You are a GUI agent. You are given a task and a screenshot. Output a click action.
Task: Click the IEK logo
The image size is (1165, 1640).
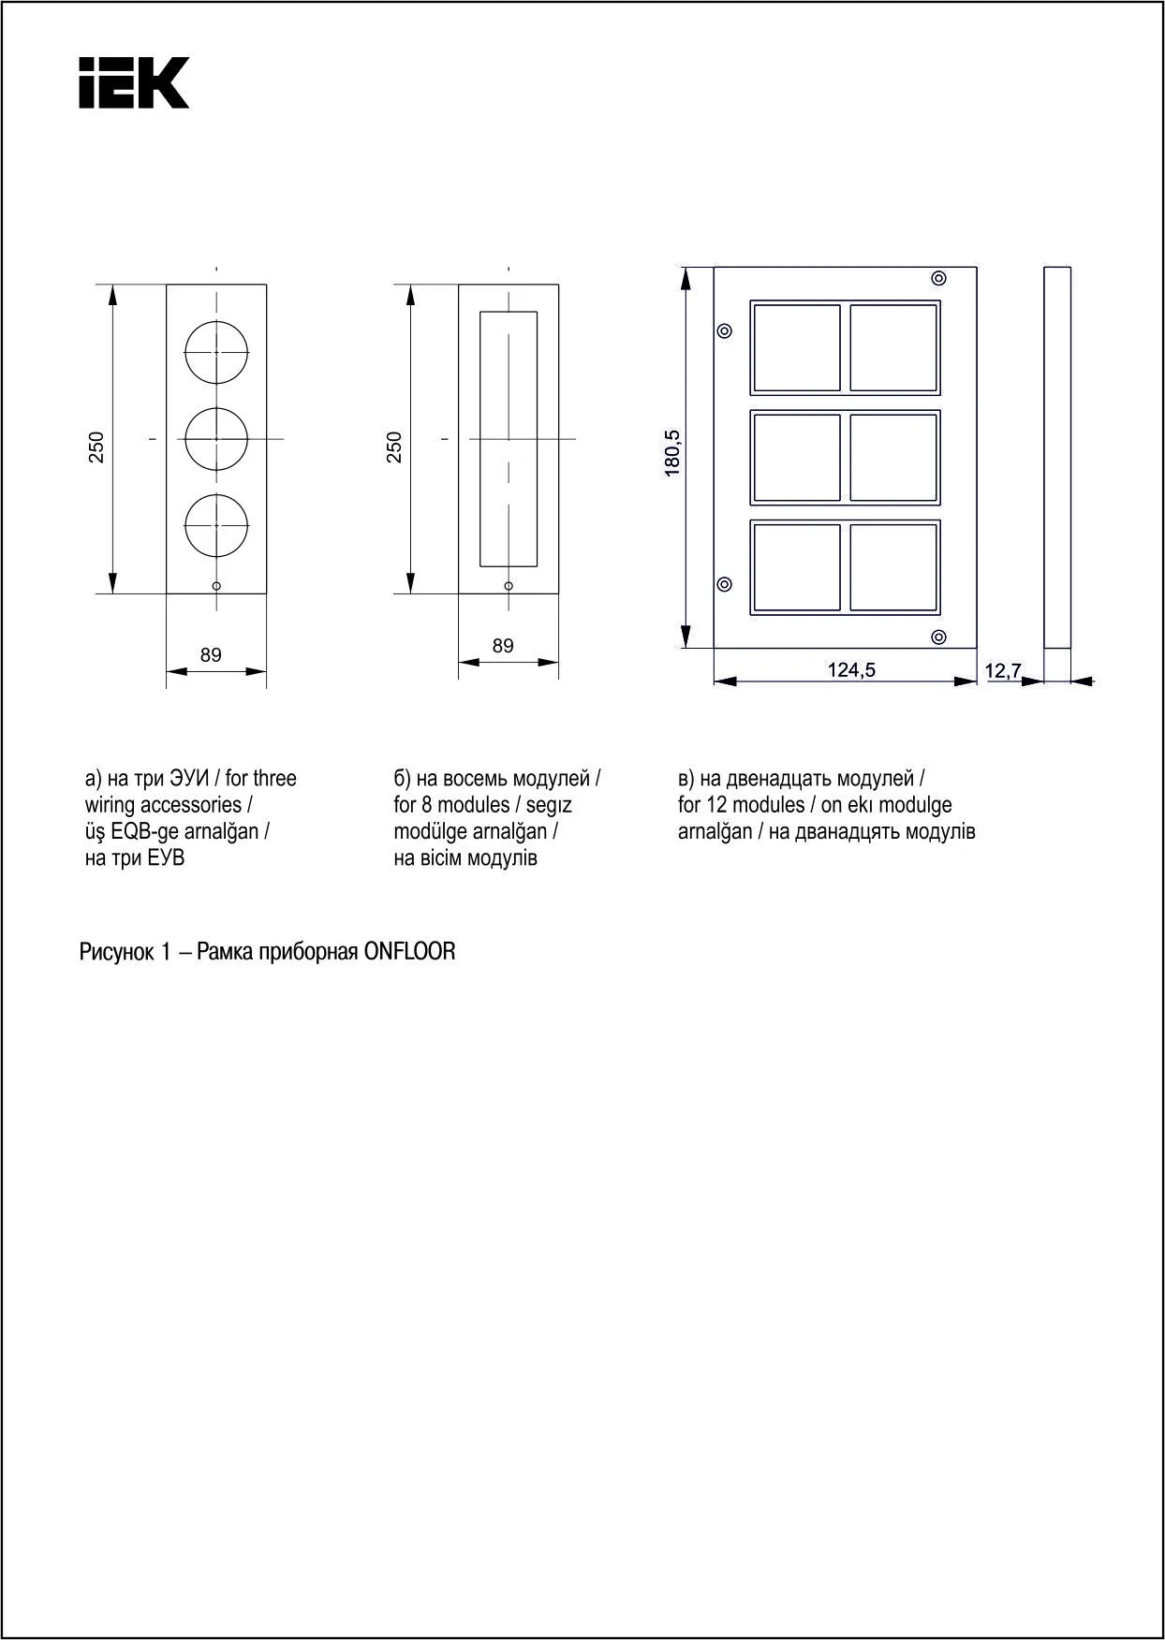tap(134, 82)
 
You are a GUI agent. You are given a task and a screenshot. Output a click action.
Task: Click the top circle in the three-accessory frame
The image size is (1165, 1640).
tap(216, 352)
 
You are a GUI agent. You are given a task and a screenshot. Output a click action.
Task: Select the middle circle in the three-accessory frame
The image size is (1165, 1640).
tap(216, 438)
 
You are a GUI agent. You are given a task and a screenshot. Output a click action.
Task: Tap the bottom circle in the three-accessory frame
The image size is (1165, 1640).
tap(216, 525)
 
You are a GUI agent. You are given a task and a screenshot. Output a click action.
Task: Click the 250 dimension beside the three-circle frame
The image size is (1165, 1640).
tap(96, 447)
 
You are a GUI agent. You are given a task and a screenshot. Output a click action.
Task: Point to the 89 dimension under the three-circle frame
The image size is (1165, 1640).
tap(212, 655)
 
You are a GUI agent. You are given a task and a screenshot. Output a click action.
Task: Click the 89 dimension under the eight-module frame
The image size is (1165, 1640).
tap(503, 646)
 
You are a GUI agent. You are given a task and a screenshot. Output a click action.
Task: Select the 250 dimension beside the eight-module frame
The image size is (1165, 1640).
tap(394, 447)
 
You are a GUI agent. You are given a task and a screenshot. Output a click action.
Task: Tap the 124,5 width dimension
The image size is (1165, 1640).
tap(851, 669)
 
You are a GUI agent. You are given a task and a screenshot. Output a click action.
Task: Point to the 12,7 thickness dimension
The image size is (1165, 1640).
tap(1003, 670)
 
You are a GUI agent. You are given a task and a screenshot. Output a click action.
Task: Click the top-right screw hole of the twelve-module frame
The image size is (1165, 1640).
tap(938, 278)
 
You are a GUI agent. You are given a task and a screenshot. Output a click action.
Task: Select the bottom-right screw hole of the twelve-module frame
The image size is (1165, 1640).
tap(938, 637)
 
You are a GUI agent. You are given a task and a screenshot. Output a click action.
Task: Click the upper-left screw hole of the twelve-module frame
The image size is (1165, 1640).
tap(724, 330)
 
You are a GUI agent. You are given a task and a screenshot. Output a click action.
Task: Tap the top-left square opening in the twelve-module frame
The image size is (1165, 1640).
tap(797, 347)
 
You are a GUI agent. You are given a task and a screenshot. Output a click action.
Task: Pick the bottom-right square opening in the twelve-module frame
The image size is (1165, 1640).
tap(893, 568)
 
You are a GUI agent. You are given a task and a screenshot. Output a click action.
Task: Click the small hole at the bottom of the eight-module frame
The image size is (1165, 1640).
tap(509, 586)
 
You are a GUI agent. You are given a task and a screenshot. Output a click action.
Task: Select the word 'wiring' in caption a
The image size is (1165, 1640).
tap(111, 804)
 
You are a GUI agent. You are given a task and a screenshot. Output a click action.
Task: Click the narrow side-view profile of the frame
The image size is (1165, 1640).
tap(1057, 458)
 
